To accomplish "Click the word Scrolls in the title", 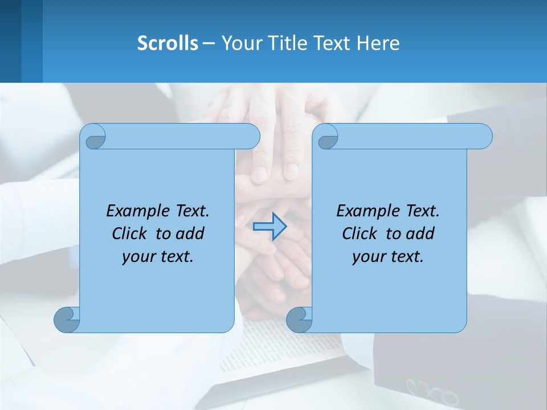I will [x=168, y=43].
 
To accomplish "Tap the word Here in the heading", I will [x=378, y=43].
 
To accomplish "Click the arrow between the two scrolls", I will [x=270, y=227].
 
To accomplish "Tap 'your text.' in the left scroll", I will [x=158, y=256].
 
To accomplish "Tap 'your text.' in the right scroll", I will [x=388, y=256].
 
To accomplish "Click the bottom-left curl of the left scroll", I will [x=66, y=320].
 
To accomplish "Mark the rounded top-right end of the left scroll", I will [x=251, y=136].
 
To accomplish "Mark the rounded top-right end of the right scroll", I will [x=483, y=136].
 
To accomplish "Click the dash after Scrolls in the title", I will [x=209, y=43].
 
